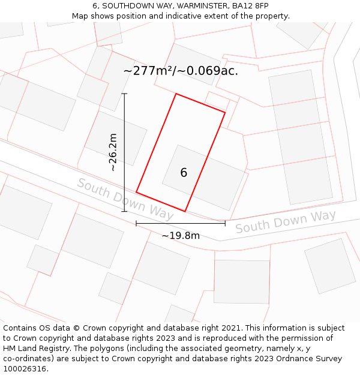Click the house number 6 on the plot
click(184, 173)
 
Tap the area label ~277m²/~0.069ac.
click(181, 71)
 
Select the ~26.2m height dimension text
click(113, 152)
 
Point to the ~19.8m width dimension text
click(181, 236)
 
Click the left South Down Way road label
click(125, 199)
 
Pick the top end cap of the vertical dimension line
click(125, 94)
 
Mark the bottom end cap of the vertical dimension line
click(125, 211)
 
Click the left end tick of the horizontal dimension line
click(136, 224)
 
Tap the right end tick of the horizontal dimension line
click(225, 224)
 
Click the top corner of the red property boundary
click(176, 94)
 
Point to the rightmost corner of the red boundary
click(225, 112)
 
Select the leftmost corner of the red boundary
click(136, 193)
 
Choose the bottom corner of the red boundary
click(185, 211)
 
